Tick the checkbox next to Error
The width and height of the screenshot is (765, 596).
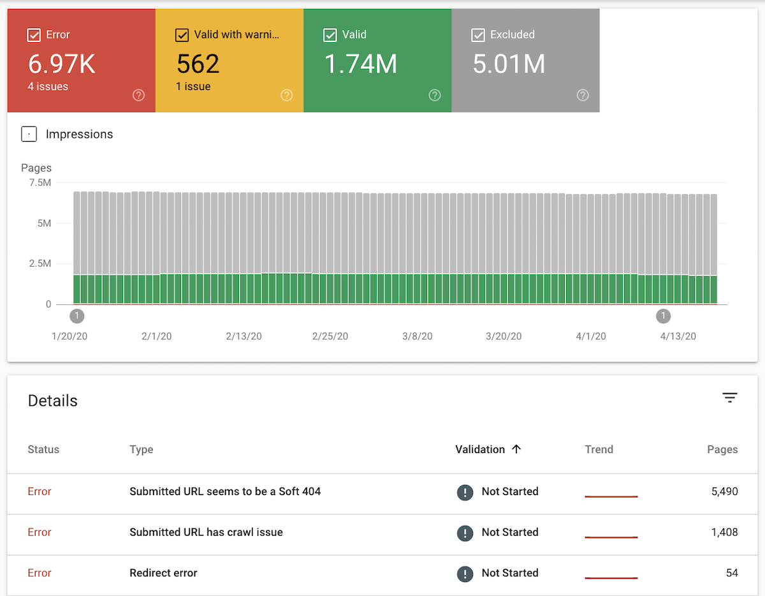pyautogui.click(x=34, y=35)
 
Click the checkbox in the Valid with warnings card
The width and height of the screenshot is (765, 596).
pyautogui.click(x=182, y=35)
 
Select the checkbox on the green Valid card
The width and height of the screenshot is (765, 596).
pyautogui.click(x=330, y=35)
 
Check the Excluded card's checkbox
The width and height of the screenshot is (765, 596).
pyautogui.click(x=478, y=35)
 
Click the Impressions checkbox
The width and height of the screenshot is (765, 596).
pyautogui.click(x=29, y=134)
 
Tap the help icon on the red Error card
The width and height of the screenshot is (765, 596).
pyautogui.click(x=138, y=95)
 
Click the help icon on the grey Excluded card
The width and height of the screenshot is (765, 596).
pyautogui.click(x=582, y=95)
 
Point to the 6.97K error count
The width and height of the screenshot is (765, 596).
pyautogui.click(x=62, y=64)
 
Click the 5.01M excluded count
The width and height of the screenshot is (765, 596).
pyautogui.click(x=509, y=64)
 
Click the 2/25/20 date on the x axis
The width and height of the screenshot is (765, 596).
pyautogui.click(x=330, y=336)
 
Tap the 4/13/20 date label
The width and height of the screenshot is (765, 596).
pyautogui.click(x=678, y=336)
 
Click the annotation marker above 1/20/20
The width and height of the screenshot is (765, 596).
pyautogui.click(x=77, y=316)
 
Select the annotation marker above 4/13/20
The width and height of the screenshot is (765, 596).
pyautogui.click(x=663, y=316)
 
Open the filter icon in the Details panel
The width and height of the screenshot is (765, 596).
pyautogui.click(x=730, y=398)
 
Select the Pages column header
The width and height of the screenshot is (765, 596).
pyautogui.click(x=722, y=449)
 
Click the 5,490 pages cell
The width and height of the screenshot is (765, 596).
pyautogui.click(x=724, y=491)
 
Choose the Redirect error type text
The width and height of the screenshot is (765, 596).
pyautogui.click(x=163, y=573)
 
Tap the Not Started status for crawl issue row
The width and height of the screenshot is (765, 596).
pyautogui.click(x=509, y=532)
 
